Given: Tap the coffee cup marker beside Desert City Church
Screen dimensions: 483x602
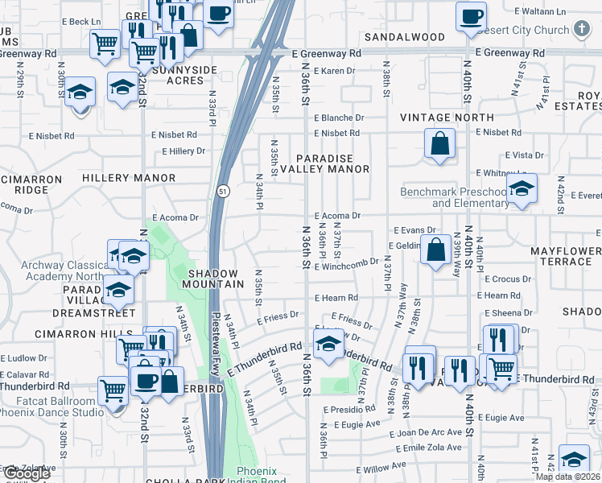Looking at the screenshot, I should pyautogui.click(x=471, y=15).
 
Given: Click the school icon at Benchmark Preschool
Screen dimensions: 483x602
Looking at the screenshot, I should pyautogui.click(x=522, y=190).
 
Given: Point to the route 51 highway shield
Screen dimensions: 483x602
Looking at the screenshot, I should pyautogui.click(x=221, y=190).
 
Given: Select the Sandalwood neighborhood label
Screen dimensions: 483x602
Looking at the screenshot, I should pyautogui.click(x=404, y=37).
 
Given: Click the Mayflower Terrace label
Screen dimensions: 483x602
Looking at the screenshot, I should pyautogui.click(x=565, y=257).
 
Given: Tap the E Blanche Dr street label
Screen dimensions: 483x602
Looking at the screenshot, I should pyautogui.click(x=339, y=117).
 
